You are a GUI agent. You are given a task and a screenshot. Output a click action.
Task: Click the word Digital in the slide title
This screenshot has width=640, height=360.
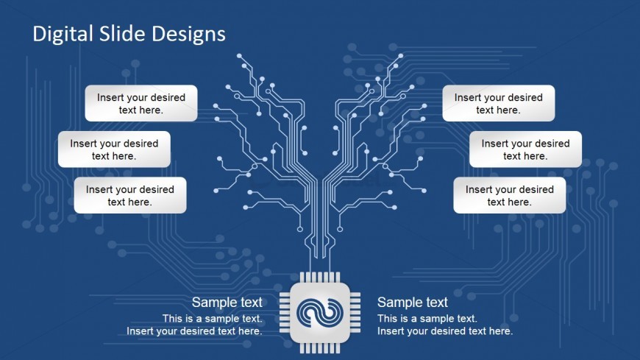tap(63, 34)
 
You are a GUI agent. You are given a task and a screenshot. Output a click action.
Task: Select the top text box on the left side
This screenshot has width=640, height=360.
tap(141, 103)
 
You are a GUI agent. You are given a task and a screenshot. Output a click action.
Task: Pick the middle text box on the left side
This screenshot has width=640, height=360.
tap(114, 149)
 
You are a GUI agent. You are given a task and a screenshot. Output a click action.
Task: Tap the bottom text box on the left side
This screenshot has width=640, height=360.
tap(130, 195)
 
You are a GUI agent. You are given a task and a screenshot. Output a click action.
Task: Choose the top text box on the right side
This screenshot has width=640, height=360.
tap(499, 103)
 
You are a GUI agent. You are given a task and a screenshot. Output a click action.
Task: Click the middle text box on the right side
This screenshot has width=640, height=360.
tap(526, 149)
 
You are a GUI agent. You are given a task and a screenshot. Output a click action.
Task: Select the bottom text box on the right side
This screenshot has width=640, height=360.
tap(510, 195)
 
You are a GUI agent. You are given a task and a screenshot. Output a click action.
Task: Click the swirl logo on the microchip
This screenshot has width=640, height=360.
tap(320, 313)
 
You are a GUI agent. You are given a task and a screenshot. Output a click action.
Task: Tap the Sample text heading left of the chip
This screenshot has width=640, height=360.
tap(227, 303)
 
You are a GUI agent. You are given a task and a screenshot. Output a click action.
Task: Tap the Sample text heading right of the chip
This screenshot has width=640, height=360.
tap(412, 303)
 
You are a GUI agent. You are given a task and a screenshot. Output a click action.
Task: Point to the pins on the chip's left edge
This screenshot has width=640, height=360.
tap(285, 313)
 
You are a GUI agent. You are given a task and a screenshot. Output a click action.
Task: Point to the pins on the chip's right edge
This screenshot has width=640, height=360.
tap(355, 313)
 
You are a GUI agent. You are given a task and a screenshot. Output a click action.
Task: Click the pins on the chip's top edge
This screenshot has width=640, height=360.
tap(320, 278)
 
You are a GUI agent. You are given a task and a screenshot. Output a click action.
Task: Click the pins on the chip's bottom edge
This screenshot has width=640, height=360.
tap(320, 348)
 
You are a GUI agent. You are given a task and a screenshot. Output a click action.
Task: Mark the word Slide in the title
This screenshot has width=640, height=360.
tap(122, 34)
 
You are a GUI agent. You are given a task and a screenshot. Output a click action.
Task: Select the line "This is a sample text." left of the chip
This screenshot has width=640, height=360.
tap(213, 318)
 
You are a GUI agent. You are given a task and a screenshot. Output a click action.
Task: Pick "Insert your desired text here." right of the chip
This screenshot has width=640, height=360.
tap(445, 331)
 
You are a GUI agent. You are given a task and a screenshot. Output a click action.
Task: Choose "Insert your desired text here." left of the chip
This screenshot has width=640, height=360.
tap(194, 331)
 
